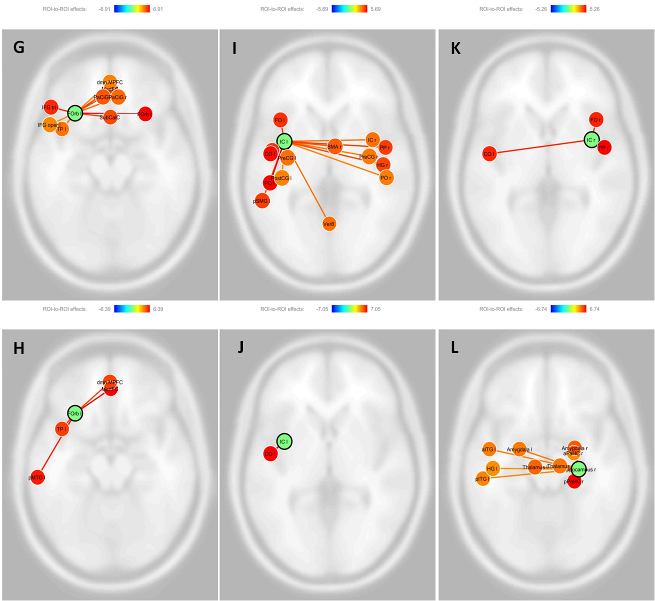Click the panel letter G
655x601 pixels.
(19, 47)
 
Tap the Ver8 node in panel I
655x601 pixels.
(329, 224)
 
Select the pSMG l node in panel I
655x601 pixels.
(262, 201)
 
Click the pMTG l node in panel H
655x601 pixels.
(37, 477)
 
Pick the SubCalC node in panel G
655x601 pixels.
(110, 117)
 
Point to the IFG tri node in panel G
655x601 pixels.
(50, 107)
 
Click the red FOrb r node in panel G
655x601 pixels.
(145, 114)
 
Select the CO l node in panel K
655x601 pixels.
(489, 154)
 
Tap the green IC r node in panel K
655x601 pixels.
(591, 140)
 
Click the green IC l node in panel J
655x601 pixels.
(284, 441)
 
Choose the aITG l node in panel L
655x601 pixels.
(489, 449)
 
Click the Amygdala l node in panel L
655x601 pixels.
(519, 449)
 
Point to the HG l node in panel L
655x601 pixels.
(492, 468)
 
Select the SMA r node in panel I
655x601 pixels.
(334, 146)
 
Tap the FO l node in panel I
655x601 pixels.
(280, 120)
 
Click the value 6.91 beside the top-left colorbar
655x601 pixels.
(158, 9)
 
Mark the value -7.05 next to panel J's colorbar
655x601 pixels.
(322, 309)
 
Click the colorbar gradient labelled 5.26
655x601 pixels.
(568, 9)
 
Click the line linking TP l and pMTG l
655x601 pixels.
(49, 453)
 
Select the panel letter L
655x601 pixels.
(454, 347)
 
